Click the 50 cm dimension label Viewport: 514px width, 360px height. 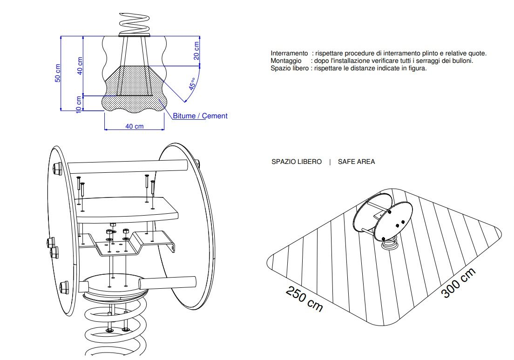57,72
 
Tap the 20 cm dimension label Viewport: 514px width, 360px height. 196,50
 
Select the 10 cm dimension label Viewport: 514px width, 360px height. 79,104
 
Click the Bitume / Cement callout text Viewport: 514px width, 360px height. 200,116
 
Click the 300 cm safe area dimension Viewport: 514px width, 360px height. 458,283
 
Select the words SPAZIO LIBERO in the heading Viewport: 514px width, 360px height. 296,162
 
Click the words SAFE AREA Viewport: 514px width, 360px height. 356,162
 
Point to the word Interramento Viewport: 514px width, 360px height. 289,54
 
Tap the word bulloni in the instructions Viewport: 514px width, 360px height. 462,61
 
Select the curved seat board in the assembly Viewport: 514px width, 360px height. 126,208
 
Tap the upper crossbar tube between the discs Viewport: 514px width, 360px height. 128,165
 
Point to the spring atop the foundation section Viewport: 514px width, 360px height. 135,23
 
